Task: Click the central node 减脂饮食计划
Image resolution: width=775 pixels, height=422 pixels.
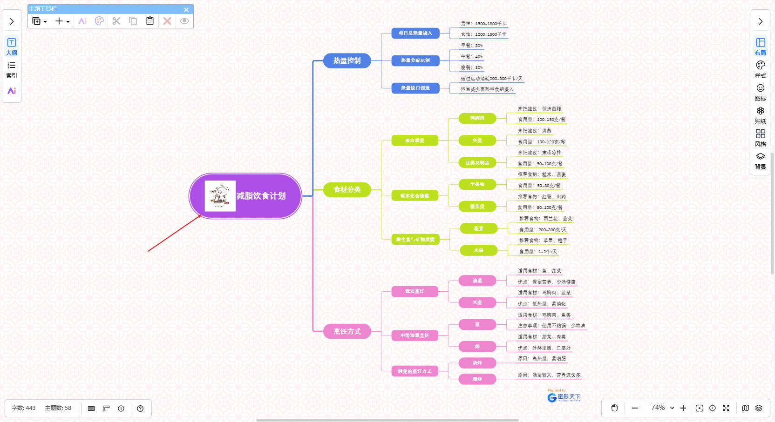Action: pos(261,196)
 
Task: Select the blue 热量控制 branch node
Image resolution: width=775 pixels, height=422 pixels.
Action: pos(347,61)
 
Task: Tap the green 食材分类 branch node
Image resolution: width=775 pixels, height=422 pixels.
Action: pos(347,190)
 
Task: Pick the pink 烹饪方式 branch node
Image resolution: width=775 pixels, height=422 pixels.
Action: pos(347,331)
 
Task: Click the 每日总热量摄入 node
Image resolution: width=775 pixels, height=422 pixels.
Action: pos(415,33)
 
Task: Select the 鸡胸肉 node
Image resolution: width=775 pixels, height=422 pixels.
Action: pos(477,119)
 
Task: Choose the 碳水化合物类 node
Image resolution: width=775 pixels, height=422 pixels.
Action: pos(415,196)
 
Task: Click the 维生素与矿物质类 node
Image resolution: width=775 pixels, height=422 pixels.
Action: pos(415,240)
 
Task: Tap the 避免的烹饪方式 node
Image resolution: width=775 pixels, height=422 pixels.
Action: pos(415,371)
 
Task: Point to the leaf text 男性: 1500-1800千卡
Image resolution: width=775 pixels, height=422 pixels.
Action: pos(483,24)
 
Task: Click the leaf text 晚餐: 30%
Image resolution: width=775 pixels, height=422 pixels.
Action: pos(472,68)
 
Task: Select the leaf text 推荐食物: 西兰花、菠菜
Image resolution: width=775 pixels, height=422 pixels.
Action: pos(545,219)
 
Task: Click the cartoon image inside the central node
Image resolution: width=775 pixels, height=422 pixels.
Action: pos(220,196)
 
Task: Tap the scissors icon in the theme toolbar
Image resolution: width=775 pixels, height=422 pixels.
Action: pos(116,21)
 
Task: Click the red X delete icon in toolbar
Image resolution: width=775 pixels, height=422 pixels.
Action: pos(167,21)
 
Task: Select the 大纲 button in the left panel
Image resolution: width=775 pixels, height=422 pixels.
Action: pos(12,47)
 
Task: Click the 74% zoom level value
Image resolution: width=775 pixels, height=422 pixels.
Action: pos(658,408)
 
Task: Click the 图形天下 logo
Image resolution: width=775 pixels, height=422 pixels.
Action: pos(564,397)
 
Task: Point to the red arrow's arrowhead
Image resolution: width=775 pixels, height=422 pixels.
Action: pos(201,215)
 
